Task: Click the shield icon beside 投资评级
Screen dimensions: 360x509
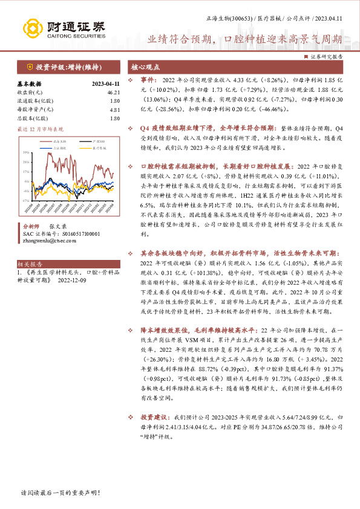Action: (x=30, y=67)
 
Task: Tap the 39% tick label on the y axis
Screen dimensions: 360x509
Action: (x=26, y=152)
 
